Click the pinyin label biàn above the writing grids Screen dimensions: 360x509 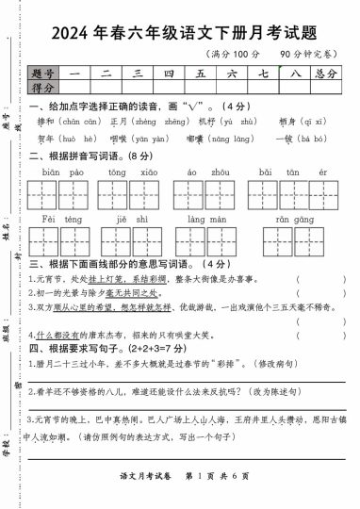[51, 172]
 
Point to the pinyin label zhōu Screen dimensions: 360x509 [220, 172]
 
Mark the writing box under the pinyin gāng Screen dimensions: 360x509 [312, 241]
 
